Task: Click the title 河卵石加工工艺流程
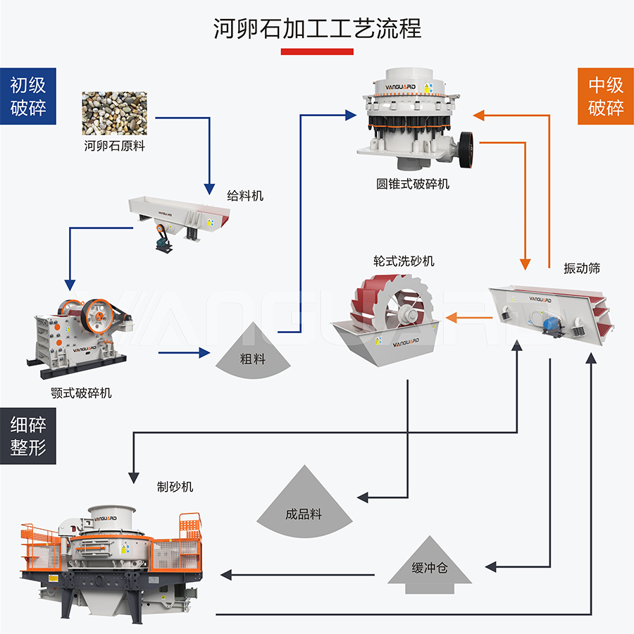pyautogui.click(x=317, y=29)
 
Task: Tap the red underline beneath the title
pyautogui.click(x=317, y=51)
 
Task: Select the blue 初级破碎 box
pyautogui.click(x=28, y=97)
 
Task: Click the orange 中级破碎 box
pyautogui.click(x=605, y=97)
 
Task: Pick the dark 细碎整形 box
pyautogui.click(x=28, y=435)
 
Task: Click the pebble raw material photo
pyautogui.click(x=114, y=113)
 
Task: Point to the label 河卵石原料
pyautogui.click(x=114, y=147)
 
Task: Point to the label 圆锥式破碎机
pyautogui.click(x=412, y=184)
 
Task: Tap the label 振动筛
pyautogui.click(x=582, y=268)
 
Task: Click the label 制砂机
pyautogui.click(x=175, y=486)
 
